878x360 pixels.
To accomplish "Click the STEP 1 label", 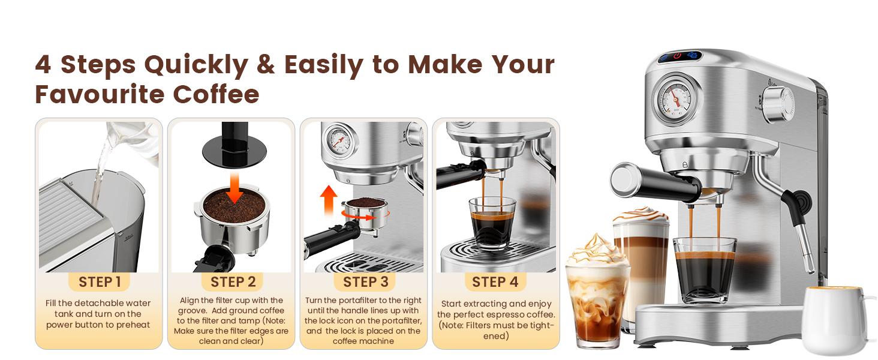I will (100, 282).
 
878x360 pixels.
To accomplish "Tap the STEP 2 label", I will (233, 282).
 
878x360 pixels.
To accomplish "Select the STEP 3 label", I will (365, 282).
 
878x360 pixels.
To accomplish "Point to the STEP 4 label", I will (495, 282).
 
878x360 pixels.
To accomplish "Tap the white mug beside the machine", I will (831, 320).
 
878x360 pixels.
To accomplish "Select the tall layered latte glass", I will (641, 258).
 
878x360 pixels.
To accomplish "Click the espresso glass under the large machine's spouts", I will (704, 270).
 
